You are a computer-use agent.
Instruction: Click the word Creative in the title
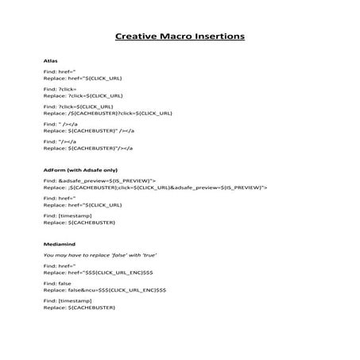(137, 37)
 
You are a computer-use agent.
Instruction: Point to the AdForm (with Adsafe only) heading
(80, 170)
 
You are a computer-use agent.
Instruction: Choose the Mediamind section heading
(58, 242)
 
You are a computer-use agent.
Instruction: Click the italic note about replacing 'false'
(99, 254)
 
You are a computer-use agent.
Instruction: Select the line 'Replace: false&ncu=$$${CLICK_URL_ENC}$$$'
(105, 290)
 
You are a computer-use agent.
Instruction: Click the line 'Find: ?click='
(61, 89)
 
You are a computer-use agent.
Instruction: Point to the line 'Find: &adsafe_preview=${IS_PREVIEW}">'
(99, 181)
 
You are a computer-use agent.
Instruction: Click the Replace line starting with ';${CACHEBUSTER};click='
(155, 188)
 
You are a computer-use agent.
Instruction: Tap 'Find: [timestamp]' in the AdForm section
(68, 216)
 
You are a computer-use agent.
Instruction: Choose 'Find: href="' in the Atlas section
(59, 72)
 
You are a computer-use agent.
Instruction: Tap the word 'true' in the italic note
(149, 254)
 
